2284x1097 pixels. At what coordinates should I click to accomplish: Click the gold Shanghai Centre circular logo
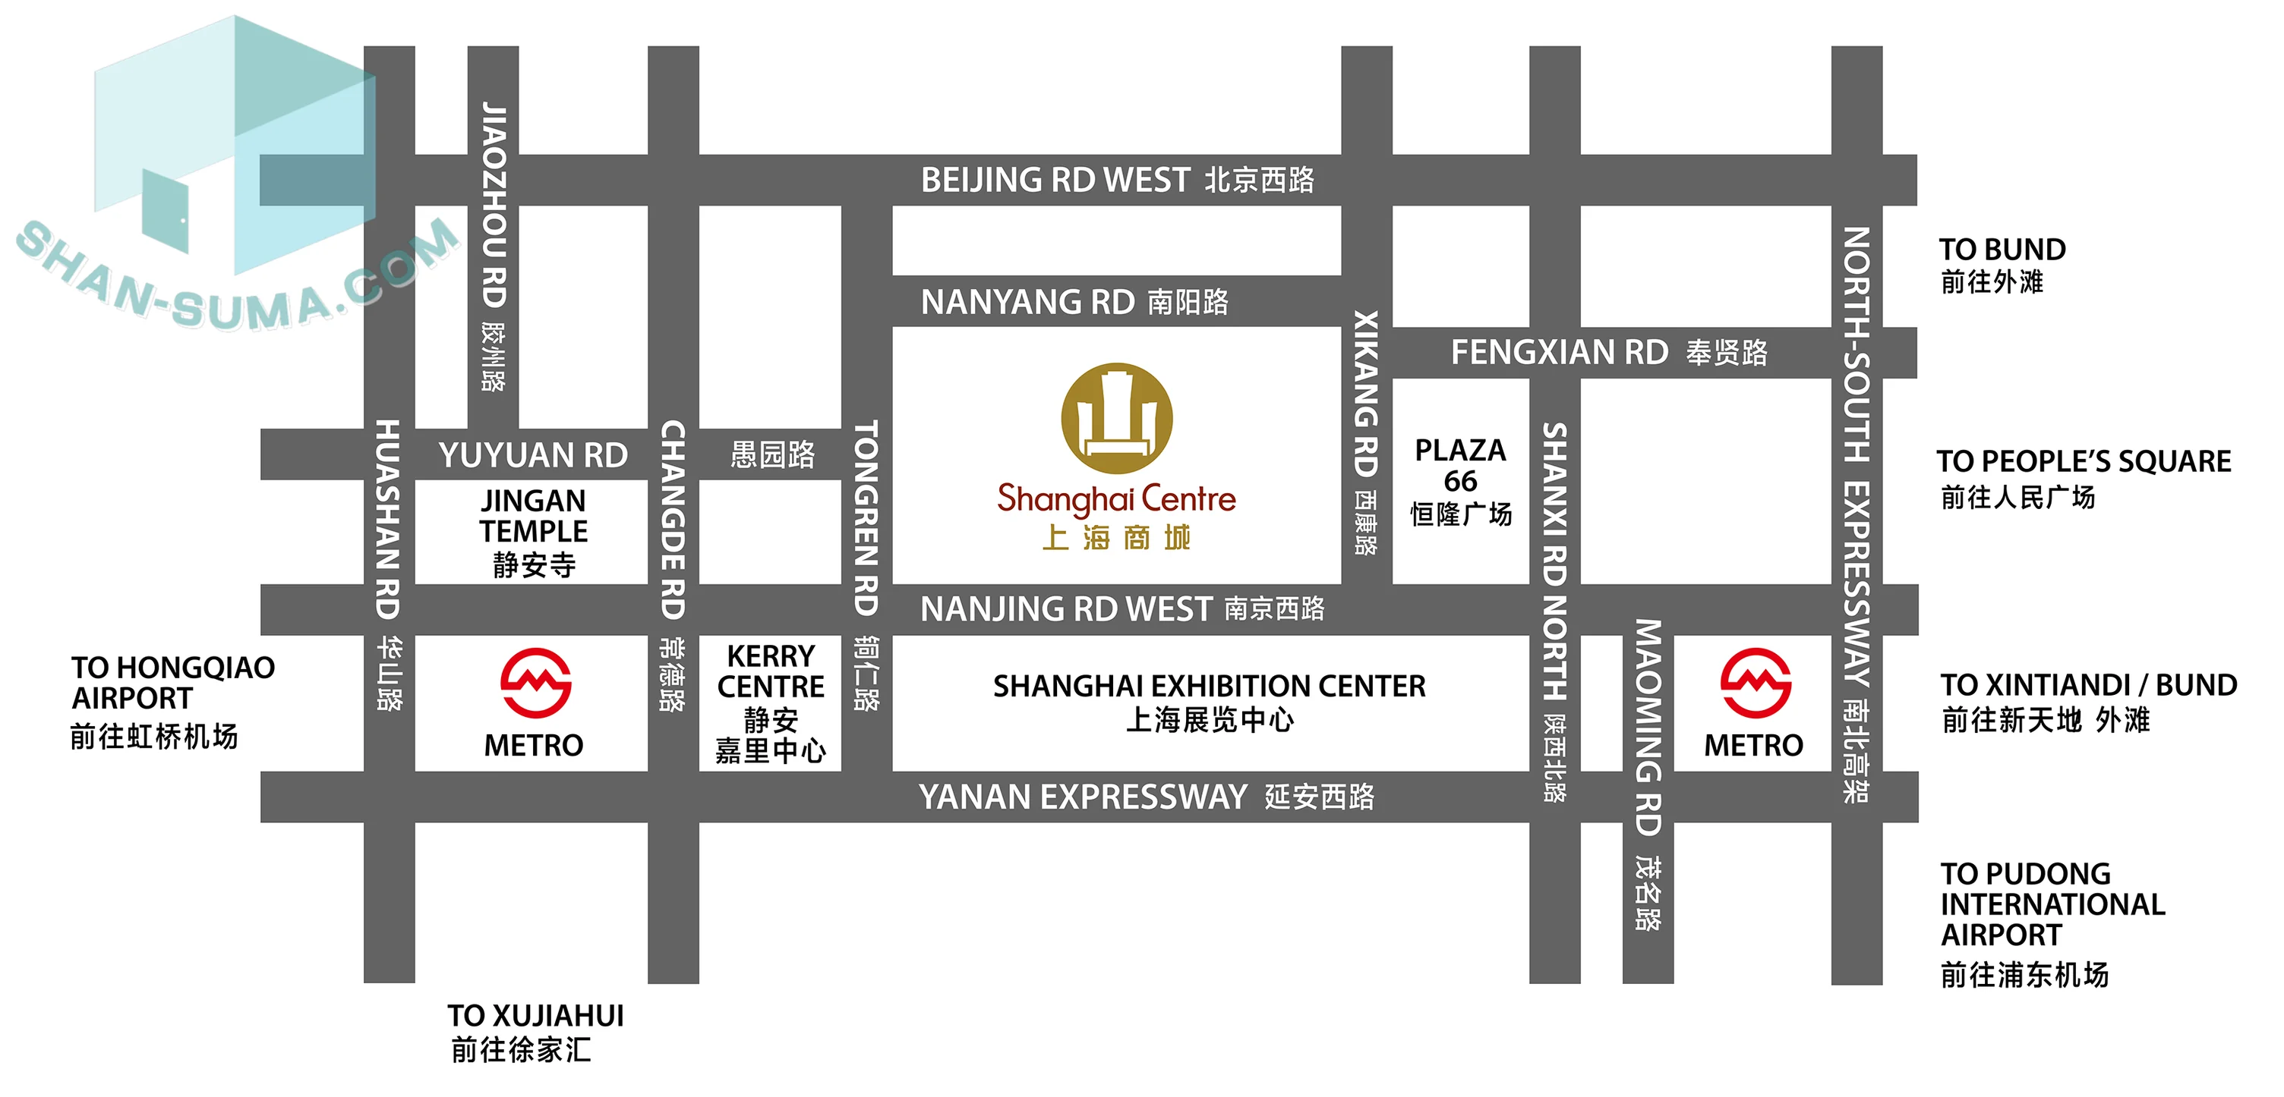(1116, 418)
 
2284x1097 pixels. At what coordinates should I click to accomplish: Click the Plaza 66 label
(1460, 481)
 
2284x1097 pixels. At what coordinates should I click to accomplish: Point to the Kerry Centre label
(771, 703)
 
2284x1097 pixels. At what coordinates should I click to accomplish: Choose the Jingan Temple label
(534, 532)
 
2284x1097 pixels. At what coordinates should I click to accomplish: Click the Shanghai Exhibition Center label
(1210, 702)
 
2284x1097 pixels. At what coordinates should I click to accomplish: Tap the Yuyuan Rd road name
(533, 455)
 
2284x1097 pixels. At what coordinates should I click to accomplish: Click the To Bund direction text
(2002, 264)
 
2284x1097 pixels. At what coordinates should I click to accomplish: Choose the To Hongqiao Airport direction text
(173, 700)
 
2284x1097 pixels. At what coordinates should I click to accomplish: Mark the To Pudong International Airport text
(2052, 923)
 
